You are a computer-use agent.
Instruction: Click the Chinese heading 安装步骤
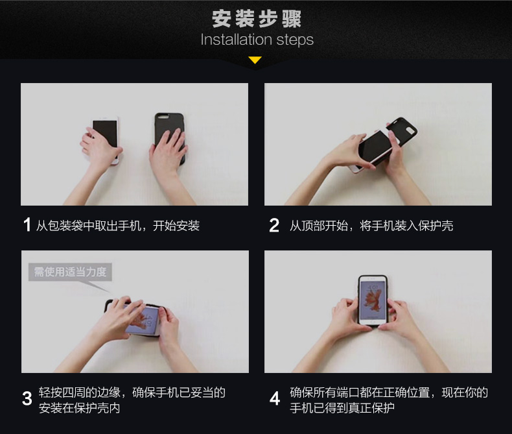pos(257,19)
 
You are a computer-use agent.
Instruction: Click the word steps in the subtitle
pos(295,40)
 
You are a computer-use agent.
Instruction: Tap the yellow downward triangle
pos(255,60)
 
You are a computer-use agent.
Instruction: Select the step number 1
pos(27,225)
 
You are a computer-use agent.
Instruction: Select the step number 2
pos(274,225)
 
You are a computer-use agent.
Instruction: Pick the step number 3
pos(27,398)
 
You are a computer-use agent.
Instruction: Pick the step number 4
pos(275,398)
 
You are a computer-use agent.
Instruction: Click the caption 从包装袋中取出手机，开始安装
pos(117,226)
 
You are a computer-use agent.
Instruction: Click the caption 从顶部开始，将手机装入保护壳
pos(371,226)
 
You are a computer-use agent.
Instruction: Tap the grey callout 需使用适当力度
pos(70,272)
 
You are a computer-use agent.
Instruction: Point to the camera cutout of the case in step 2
pos(410,131)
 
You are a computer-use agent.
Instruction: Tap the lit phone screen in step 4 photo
pos(373,300)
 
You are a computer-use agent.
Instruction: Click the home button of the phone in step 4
pos(373,322)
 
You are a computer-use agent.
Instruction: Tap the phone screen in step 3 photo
pos(143,320)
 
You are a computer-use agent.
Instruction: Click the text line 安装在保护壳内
pos(79,408)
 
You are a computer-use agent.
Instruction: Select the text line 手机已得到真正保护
pos(342,408)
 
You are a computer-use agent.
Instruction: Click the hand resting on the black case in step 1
pos(168,151)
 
